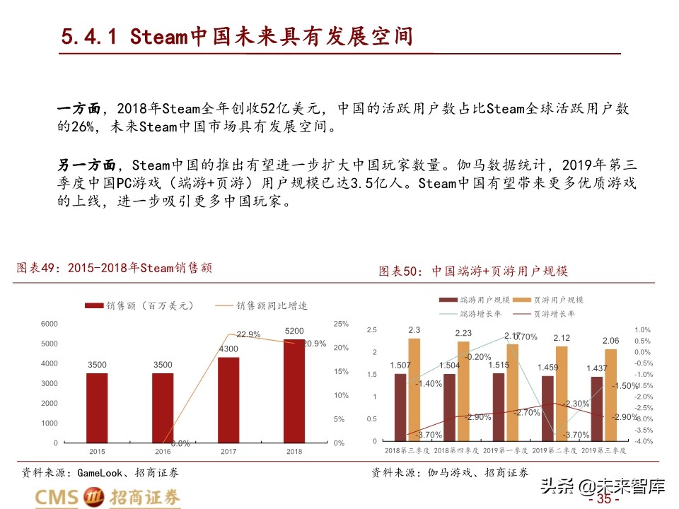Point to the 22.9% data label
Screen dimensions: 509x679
(x=248, y=334)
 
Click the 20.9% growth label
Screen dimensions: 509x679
(x=315, y=344)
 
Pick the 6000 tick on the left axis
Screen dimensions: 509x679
(x=49, y=324)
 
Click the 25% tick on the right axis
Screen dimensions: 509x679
(x=341, y=324)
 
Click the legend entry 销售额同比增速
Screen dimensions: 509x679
(x=272, y=305)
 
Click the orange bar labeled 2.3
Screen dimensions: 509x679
(x=414, y=390)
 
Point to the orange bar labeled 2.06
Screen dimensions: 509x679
(x=610, y=395)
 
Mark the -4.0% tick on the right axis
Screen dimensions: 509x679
(x=642, y=441)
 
